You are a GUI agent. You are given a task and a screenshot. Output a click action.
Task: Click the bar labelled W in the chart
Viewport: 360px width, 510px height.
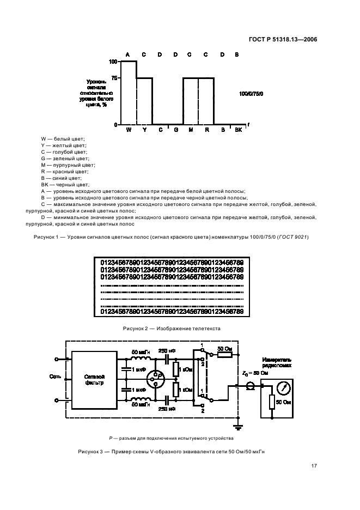129,93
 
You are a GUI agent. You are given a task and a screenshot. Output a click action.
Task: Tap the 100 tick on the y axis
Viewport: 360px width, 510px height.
113,62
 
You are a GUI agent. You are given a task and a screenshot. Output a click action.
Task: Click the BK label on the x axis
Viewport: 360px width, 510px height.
237,130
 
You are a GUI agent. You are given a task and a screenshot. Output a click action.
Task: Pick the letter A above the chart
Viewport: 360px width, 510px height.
128,54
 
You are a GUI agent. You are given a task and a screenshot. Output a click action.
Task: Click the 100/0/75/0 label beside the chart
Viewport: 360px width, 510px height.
251,94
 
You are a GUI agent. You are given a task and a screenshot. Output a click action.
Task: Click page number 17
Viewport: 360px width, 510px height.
314,465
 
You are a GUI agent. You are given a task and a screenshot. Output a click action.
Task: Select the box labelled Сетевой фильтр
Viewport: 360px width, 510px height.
94,380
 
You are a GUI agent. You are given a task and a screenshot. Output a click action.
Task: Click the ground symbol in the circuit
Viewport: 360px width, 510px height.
237,424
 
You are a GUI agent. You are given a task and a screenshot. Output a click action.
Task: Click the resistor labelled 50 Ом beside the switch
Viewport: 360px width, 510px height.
224,355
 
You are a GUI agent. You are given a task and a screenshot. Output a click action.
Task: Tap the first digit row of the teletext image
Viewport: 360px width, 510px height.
172,263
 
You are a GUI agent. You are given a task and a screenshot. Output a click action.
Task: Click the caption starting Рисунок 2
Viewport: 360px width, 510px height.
172,329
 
